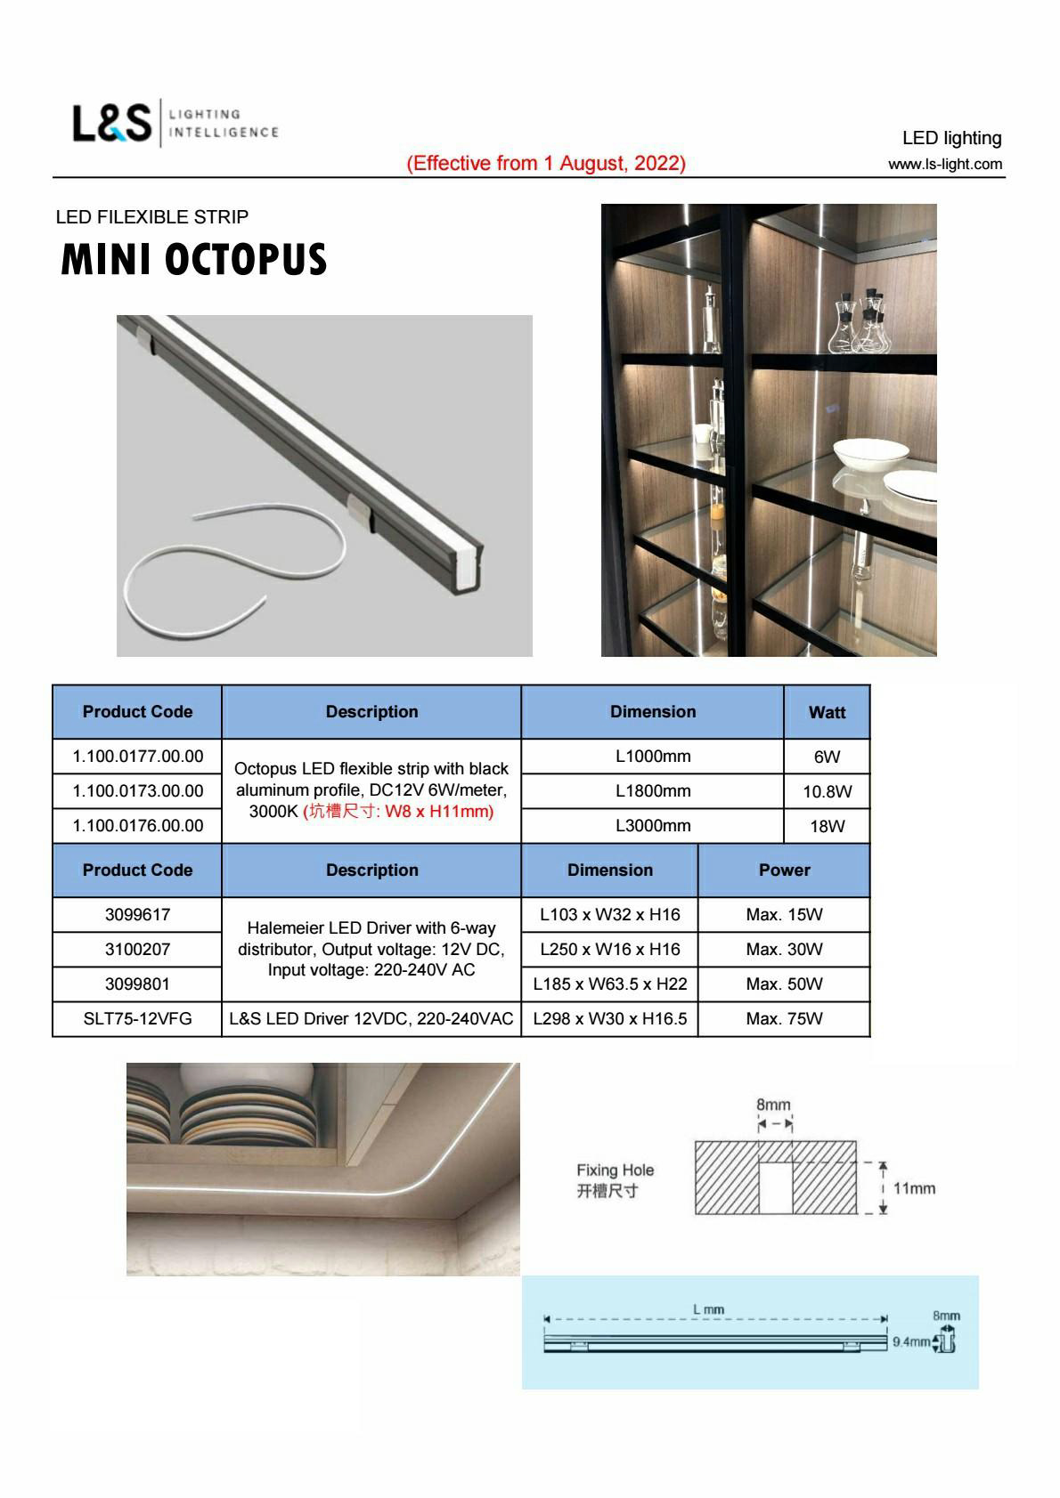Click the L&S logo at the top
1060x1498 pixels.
(x=113, y=124)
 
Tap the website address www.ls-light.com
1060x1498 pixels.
(x=944, y=165)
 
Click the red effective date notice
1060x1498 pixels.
(x=546, y=164)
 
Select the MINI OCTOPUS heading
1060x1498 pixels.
(x=194, y=259)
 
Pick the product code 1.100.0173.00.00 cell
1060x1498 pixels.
(x=138, y=790)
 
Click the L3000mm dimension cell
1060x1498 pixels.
(x=653, y=825)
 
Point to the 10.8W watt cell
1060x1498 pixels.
(x=827, y=791)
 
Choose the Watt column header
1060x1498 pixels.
(x=827, y=712)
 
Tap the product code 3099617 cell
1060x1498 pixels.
(x=138, y=914)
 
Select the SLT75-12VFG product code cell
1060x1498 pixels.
(x=138, y=1018)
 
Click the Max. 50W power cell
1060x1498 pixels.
(x=784, y=984)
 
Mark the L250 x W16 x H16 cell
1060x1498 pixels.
(x=610, y=949)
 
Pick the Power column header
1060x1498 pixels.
(x=784, y=870)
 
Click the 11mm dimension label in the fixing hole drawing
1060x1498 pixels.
(x=914, y=1188)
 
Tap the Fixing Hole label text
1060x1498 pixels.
(x=615, y=1170)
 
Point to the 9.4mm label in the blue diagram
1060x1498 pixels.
(x=910, y=1341)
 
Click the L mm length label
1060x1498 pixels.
(x=709, y=1309)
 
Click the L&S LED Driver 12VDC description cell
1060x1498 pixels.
(x=371, y=1018)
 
